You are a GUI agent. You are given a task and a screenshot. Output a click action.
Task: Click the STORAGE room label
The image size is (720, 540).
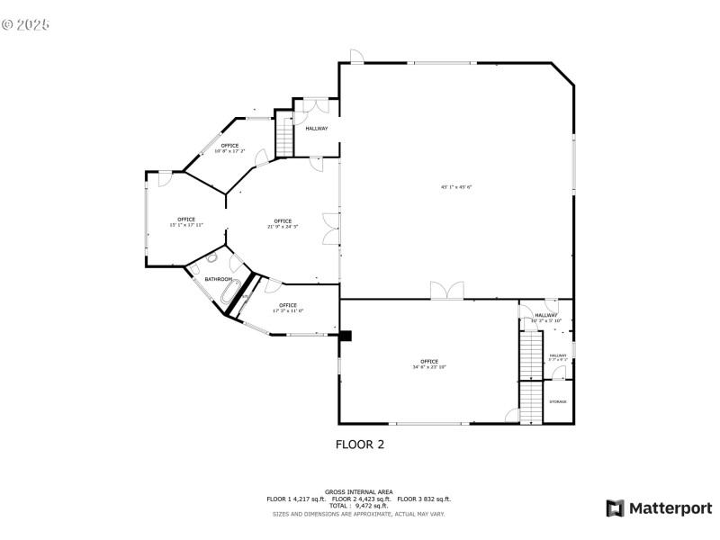click(x=558, y=401)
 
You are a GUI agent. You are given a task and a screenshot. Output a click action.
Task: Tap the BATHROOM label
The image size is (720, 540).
click(x=218, y=280)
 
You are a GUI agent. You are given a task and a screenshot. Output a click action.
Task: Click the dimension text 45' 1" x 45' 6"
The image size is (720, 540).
click(x=456, y=187)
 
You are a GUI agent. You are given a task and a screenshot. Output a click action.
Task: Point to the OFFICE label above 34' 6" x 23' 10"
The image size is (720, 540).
click(x=429, y=361)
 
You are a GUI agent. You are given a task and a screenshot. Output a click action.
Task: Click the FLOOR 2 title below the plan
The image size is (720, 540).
click(x=360, y=444)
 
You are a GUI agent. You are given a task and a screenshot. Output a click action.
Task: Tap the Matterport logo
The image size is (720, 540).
click(x=659, y=508)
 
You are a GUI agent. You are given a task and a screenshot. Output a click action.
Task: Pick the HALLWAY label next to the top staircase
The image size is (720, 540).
click(x=316, y=129)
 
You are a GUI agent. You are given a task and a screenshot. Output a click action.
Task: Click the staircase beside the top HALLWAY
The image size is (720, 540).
click(x=284, y=136)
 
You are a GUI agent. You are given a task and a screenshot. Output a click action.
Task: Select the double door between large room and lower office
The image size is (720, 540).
click(x=445, y=291)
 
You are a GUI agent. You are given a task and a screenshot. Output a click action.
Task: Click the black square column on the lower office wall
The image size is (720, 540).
click(x=345, y=336)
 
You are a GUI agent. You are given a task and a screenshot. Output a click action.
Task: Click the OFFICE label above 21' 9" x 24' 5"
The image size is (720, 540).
click(x=283, y=220)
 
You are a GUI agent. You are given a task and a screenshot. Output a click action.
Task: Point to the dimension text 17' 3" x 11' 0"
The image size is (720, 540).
click(x=288, y=311)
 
